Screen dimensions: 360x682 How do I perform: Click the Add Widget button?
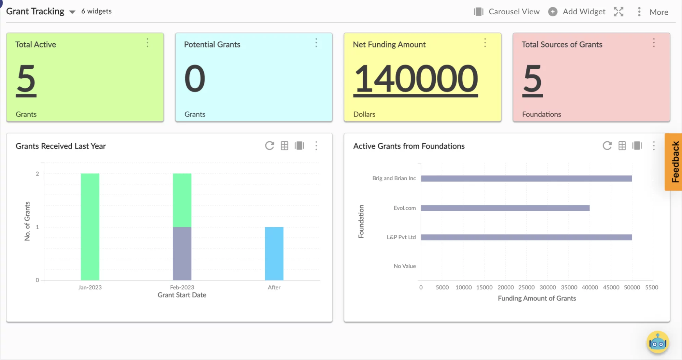(x=577, y=12)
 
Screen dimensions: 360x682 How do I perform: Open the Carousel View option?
(x=507, y=12)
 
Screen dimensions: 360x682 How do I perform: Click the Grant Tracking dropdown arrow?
(x=72, y=12)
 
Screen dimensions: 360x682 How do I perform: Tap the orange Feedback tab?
(x=674, y=162)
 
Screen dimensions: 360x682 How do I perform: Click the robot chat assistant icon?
(x=657, y=342)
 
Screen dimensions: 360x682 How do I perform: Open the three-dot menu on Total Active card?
(x=147, y=43)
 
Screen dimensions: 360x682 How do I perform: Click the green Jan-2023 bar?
(x=90, y=227)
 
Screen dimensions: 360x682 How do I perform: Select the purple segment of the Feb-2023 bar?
(x=182, y=254)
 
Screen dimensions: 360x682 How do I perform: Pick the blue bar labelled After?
(x=274, y=254)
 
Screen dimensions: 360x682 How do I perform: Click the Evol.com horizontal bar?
(x=505, y=208)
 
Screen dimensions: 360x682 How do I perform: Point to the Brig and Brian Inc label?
(x=394, y=178)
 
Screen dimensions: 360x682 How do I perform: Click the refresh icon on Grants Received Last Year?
(x=270, y=146)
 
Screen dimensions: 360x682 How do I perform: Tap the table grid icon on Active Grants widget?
(x=622, y=146)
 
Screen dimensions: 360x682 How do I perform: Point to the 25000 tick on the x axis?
(x=526, y=287)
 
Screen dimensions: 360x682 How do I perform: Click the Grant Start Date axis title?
(x=182, y=295)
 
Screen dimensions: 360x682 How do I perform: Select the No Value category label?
(x=404, y=266)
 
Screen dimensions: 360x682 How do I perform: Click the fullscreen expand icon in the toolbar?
(x=619, y=12)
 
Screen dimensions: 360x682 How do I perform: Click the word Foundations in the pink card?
(x=541, y=114)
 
